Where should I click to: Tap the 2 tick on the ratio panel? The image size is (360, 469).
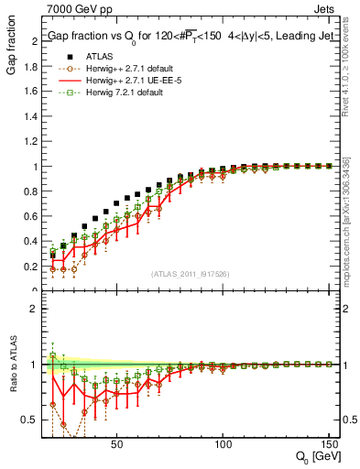[35, 309]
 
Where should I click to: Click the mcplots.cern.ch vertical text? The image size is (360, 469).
[352, 229]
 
